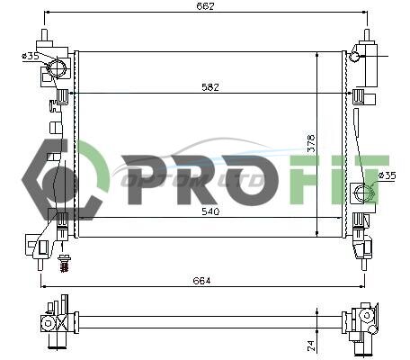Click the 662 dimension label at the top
pos(205,6)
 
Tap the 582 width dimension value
pos(210,87)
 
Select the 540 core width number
pos(210,211)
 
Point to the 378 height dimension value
pos(311,143)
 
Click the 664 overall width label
pos(201,281)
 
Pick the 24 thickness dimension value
pos(310,346)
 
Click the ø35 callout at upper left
pos(31,56)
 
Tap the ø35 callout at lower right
pos(387,175)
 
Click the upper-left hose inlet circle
pos(57,68)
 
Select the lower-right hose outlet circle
pos(362,191)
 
